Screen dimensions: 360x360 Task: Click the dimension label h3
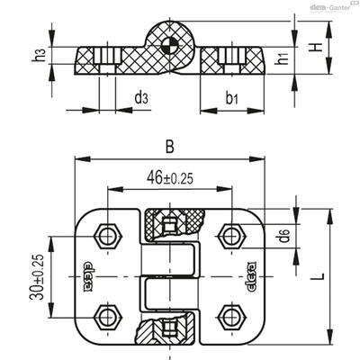tap(40, 55)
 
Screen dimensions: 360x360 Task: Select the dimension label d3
tap(141, 98)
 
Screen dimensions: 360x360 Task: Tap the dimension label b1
tap(231, 98)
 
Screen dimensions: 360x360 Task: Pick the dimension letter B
tap(170, 147)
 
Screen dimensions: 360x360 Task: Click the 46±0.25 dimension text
tap(170, 178)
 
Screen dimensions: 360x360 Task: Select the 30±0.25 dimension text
tap(37, 276)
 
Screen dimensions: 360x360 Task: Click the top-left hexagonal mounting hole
tap(107, 236)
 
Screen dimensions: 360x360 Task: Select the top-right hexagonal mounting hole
tap(232, 236)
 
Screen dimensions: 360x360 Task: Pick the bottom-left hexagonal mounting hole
tap(107, 318)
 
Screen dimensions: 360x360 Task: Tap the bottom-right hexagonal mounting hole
tap(232, 318)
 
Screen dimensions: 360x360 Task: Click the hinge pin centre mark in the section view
tap(169, 47)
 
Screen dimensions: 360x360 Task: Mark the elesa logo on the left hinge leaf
tap(86, 276)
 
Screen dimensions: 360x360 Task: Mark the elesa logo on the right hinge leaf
tap(251, 276)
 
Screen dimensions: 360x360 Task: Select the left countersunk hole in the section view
tap(107, 60)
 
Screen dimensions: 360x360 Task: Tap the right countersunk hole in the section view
tap(232, 60)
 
